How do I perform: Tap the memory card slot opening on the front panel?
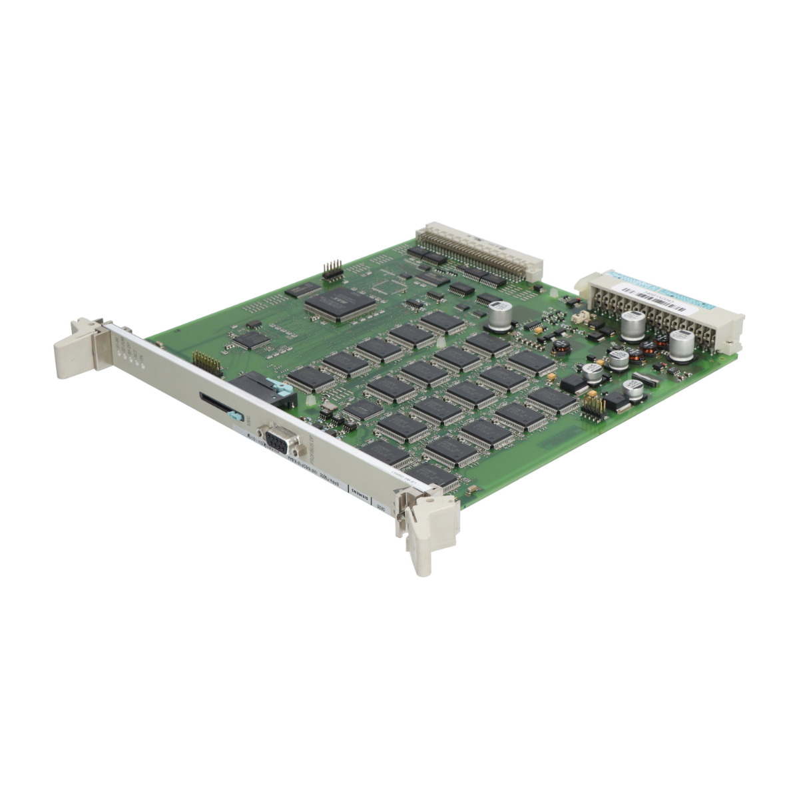(214, 403)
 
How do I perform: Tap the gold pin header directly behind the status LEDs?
(208, 363)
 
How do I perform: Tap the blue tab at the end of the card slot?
(232, 416)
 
